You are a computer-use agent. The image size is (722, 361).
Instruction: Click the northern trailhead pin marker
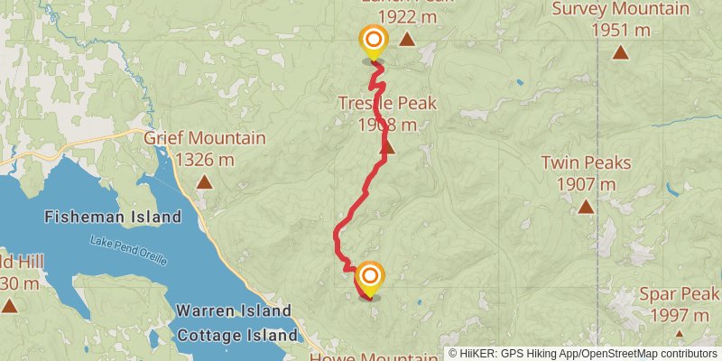coord(373,42)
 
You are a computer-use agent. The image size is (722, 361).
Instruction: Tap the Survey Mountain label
coord(620,10)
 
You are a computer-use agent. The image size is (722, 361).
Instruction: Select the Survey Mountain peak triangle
coord(620,51)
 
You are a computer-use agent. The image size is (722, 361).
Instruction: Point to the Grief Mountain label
coord(205,139)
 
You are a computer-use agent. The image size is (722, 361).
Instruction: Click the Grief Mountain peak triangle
coord(205,181)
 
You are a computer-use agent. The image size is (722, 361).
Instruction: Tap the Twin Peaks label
coord(586,164)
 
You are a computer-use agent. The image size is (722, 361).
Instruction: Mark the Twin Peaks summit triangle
coord(586,207)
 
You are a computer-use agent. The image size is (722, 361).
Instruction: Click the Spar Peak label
coord(680,294)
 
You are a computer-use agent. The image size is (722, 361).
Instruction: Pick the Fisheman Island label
coord(113,217)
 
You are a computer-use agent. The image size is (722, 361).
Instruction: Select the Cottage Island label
coord(237,335)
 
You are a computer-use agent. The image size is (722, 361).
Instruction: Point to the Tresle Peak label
coord(387,104)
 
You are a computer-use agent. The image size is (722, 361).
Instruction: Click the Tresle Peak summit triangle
coord(388,146)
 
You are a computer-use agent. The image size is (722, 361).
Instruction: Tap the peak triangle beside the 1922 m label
coord(407,39)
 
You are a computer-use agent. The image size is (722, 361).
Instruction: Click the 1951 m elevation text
coord(620,30)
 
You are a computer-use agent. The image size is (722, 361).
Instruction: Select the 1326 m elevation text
coord(205,160)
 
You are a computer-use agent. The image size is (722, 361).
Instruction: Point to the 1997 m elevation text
coord(680,315)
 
